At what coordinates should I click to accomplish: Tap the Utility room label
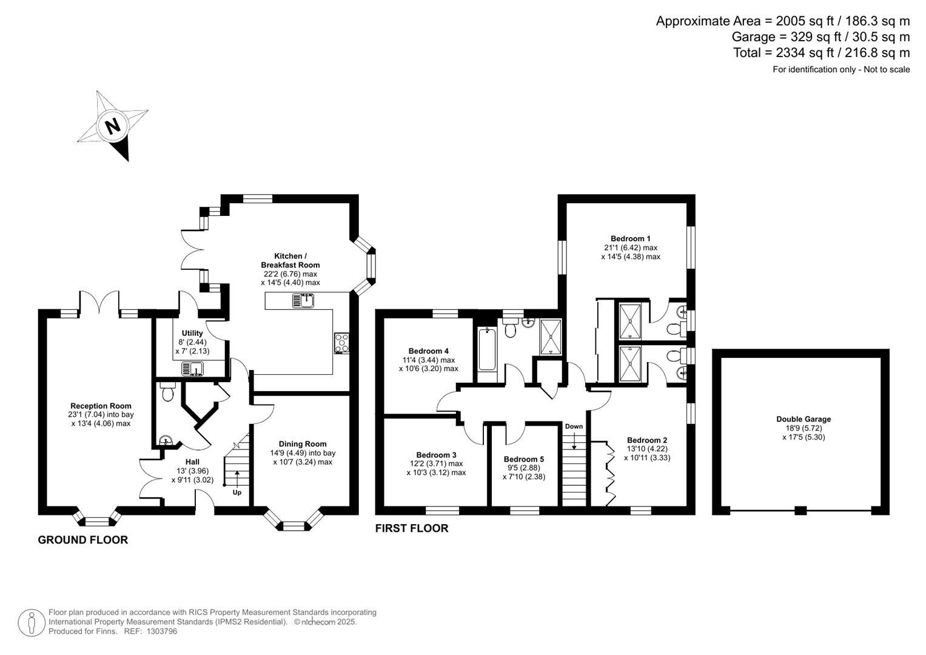(x=192, y=334)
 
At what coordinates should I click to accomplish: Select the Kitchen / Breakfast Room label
(x=290, y=261)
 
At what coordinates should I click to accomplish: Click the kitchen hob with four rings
(x=341, y=343)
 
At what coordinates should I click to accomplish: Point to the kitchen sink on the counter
(x=303, y=301)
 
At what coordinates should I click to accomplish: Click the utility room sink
(x=192, y=369)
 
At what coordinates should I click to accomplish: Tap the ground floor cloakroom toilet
(x=167, y=392)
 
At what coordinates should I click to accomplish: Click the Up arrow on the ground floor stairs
(x=237, y=479)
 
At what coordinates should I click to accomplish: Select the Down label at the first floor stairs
(x=574, y=426)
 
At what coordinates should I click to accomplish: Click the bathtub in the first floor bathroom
(x=487, y=349)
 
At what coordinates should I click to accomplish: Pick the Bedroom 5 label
(x=524, y=459)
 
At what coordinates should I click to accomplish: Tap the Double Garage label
(x=804, y=419)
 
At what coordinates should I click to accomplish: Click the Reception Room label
(x=101, y=406)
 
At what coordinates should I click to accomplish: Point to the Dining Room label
(x=303, y=444)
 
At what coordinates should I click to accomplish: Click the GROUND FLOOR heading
(x=83, y=540)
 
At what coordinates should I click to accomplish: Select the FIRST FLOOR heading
(x=412, y=528)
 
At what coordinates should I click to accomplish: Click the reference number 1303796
(x=161, y=631)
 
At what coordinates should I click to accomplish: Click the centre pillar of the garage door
(x=800, y=510)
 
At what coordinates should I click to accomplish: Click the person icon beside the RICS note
(x=31, y=623)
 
